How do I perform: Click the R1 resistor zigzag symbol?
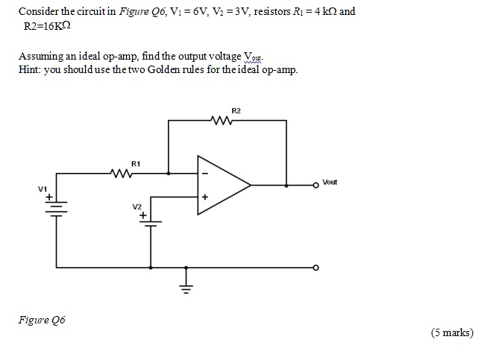tap(122, 173)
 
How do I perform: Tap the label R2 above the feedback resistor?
tap(236, 110)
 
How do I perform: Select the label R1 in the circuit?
tap(135, 162)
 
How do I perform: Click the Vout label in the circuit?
tap(330, 182)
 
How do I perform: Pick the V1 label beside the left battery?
tap(43, 189)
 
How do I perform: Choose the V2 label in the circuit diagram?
tap(137, 206)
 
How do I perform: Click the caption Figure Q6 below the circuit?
tap(42, 320)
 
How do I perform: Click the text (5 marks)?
tap(452, 332)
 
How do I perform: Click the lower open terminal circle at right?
tap(316, 266)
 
